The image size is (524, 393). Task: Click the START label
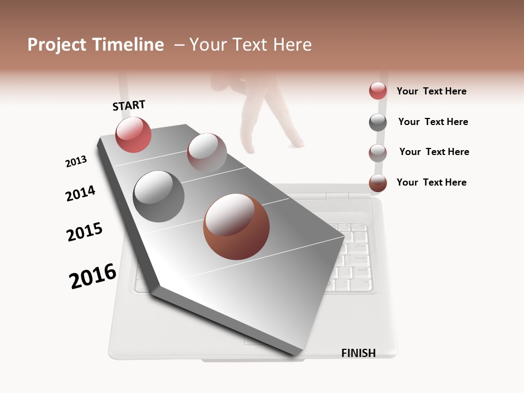129,105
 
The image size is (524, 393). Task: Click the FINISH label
358,353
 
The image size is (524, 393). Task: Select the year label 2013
76,162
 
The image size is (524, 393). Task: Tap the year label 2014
80,193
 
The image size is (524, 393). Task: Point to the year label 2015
85,232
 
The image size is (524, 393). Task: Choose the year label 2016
93,276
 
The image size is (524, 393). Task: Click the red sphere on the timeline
133,134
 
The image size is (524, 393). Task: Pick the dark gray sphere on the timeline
158,196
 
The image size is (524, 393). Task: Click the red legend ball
378,91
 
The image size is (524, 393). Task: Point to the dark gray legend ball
378,122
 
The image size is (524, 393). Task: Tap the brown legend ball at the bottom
378,183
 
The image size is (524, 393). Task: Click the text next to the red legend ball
431,91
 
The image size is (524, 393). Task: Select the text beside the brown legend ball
431,182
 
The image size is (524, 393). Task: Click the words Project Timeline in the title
96,45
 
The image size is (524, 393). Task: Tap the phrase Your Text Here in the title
251,45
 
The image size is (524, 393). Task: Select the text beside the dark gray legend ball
433,122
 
